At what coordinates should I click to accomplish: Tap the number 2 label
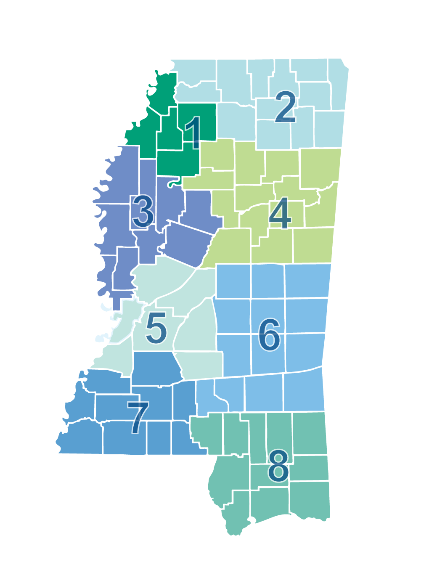[x=286, y=107]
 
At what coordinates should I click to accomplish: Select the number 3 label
[x=143, y=211]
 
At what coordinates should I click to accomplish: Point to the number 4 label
[x=280, y=213]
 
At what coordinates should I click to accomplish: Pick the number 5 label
[x=156, y=328]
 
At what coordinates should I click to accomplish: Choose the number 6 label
[x=269, y=334]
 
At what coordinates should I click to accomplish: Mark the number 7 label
[x=138, y=417]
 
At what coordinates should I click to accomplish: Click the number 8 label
[x=278, y=466]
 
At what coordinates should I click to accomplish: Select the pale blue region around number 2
[x=358, y=105]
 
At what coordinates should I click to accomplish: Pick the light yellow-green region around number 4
[x=358, y=189]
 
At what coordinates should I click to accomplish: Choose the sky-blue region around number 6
[x=336, y=370]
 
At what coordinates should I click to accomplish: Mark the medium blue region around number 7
[x=63, y=412]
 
